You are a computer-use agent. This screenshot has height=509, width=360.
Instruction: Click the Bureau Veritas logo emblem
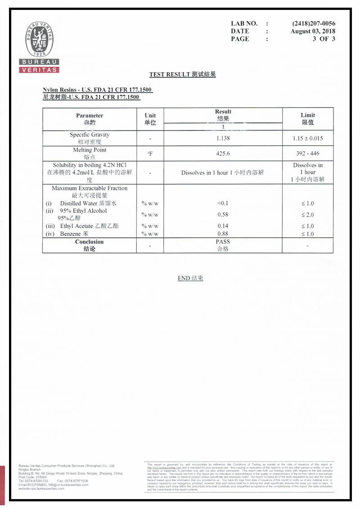pyautogui.click(x=39, y=40)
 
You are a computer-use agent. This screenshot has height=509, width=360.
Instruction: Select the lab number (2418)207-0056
pyautogui.click(x=314, y=23)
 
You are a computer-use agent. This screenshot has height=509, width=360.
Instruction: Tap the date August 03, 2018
pyautogui.click(x=313, y=31)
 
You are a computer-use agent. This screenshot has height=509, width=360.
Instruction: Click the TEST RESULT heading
pyautogui.click(x=182, y=74)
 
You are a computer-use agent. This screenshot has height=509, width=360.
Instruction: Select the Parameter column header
pyautogui.click(x=90, y=119)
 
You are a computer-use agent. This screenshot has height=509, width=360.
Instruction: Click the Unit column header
pyautogui.click(x=150, y=119)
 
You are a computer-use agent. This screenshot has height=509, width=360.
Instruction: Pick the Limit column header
pyautogui.click(x=308, y=118)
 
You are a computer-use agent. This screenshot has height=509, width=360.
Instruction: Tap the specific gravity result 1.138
pyautogui.click(x=223, y=138)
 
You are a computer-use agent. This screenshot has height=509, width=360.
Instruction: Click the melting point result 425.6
pyautogui.click(x=223, y=153)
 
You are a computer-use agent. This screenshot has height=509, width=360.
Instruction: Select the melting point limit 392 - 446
pyautogui.click(x=308, y=153)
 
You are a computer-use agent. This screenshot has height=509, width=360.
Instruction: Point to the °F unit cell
pyautogui.click(x=150, y=153)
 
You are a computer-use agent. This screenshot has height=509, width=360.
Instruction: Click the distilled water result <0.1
pyautogui.click(x=223, y=203)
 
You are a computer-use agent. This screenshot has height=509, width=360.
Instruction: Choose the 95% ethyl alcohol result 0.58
pyautogui.click(x=223, y=215)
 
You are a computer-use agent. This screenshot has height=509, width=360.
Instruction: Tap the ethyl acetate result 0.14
pyautogui.click(x=223, y=226)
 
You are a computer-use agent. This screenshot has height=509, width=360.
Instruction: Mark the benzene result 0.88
pyautogui.click(x=223, y=234)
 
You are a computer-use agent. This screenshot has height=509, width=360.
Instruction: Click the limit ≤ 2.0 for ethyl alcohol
pyautogui.click(x=308, y=215)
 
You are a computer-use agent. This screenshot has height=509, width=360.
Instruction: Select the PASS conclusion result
pyautogui.click(x=223, y=242)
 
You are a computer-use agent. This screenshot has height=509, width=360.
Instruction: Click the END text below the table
pyautogui.click(x=190, y=278)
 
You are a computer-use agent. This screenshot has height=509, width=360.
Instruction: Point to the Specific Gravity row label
pyautogui.click(x=90, y=135)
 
